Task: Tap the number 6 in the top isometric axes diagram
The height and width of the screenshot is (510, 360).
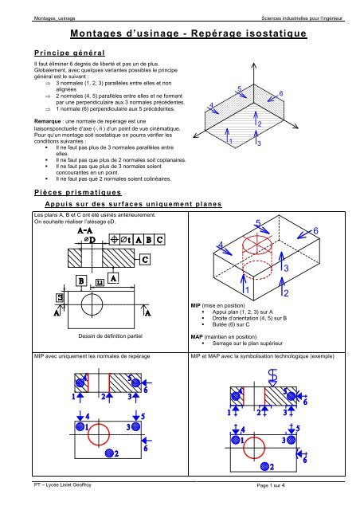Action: (281, 94)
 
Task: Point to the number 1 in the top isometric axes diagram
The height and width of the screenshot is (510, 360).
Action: (231, 141)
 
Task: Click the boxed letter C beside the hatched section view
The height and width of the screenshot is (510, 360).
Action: (146, 260)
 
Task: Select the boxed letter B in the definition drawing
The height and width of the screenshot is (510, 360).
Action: (81, 280)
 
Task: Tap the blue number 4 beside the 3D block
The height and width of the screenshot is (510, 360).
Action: (221, 245)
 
